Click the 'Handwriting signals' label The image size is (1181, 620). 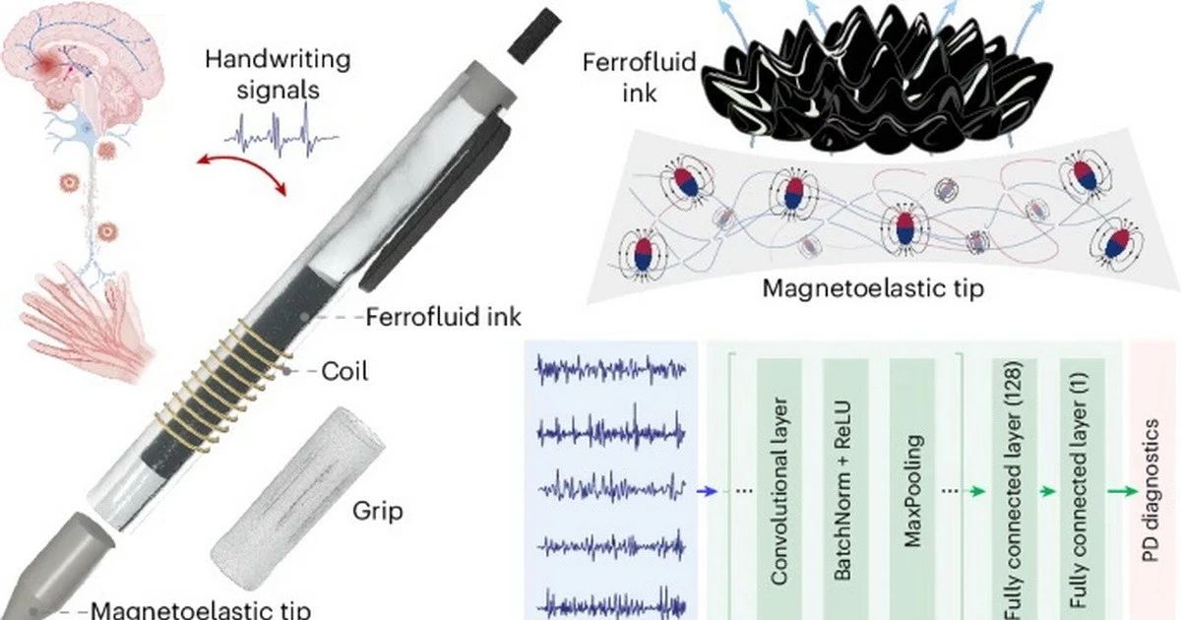[x=278, y=75]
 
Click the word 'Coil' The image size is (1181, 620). [x=344, y=372]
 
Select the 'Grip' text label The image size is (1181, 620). [x=378, y=511]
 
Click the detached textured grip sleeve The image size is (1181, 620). [x=298, y=498]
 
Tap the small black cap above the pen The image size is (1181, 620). [x=534, y=34]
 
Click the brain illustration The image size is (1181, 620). [x=82, y=58]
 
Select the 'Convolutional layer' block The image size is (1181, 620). [x=779, y=489]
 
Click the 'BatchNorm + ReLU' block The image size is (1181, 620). [x=845, y=489]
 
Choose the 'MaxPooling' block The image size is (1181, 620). [x=912, y=489]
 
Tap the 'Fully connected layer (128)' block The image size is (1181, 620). [x=1015, y=489]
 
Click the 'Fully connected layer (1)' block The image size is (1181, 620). [x=1083, y=489]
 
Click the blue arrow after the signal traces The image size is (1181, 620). [x=707, y=491]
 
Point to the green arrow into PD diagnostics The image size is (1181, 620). [x=1123, y=491]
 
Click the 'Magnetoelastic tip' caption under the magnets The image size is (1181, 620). [x=873, y=288]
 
